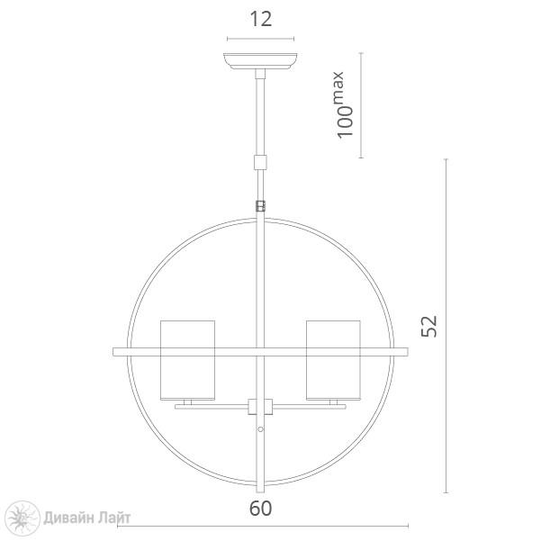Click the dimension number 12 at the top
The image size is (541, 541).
(260, 19)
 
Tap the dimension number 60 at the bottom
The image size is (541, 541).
(260, 509)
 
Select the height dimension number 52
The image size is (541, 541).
(429, 326)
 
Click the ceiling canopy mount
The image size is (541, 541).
(260, 61)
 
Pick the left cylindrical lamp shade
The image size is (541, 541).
(188, 360)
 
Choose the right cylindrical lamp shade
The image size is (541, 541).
(333, 360)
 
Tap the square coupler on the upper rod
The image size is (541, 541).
(260, 163)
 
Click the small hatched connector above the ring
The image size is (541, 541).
(260, 206)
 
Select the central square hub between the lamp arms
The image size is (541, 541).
(260, 407)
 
